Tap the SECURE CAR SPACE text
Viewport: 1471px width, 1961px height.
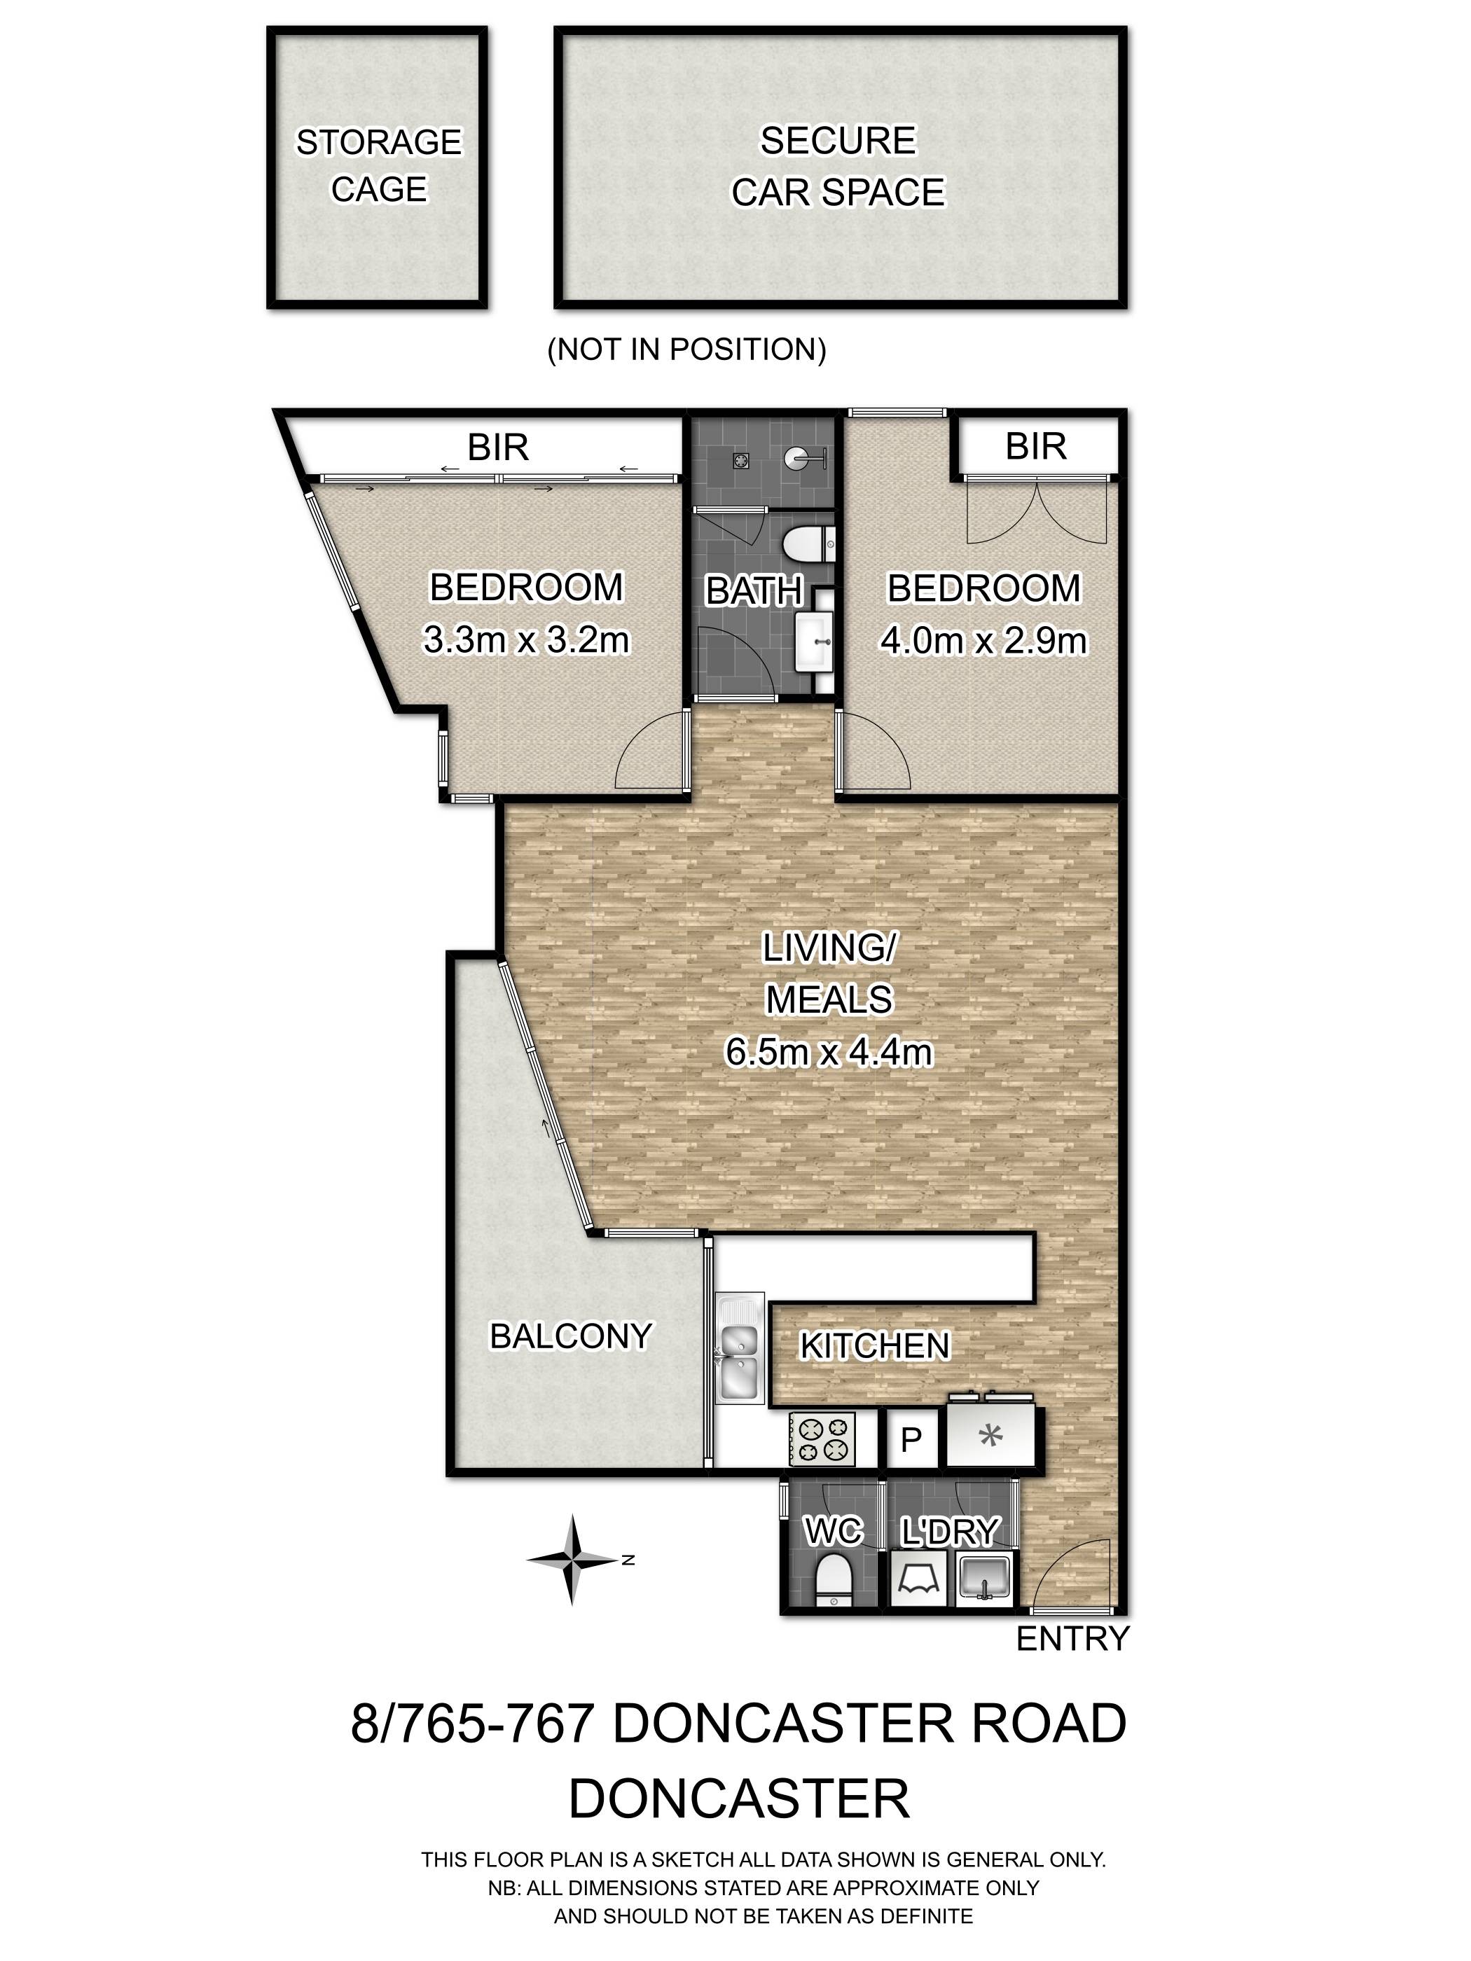point(838,167)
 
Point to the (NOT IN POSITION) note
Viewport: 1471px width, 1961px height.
point(687,349)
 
